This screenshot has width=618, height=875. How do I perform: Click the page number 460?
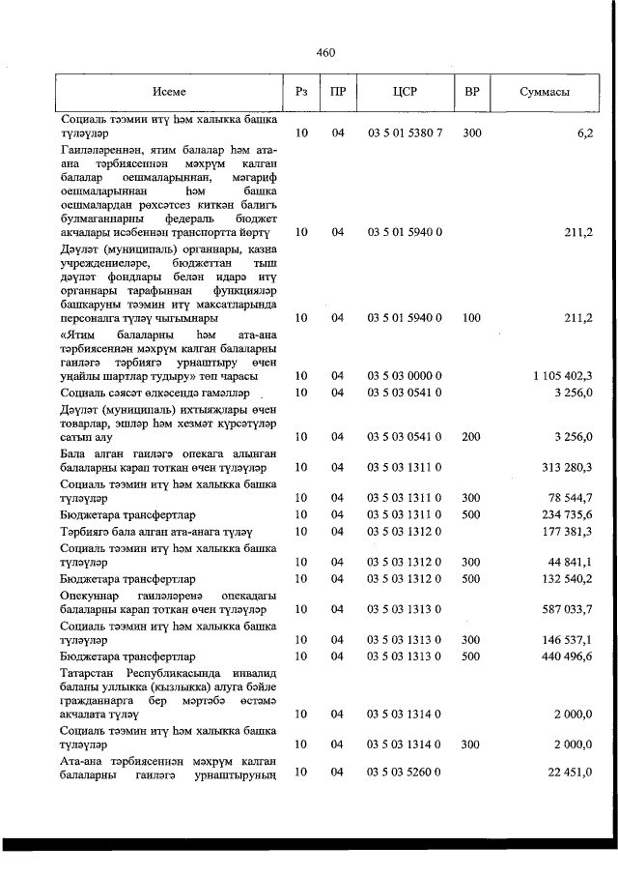point(324,52)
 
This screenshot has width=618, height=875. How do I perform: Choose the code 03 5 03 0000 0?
point(405,375)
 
